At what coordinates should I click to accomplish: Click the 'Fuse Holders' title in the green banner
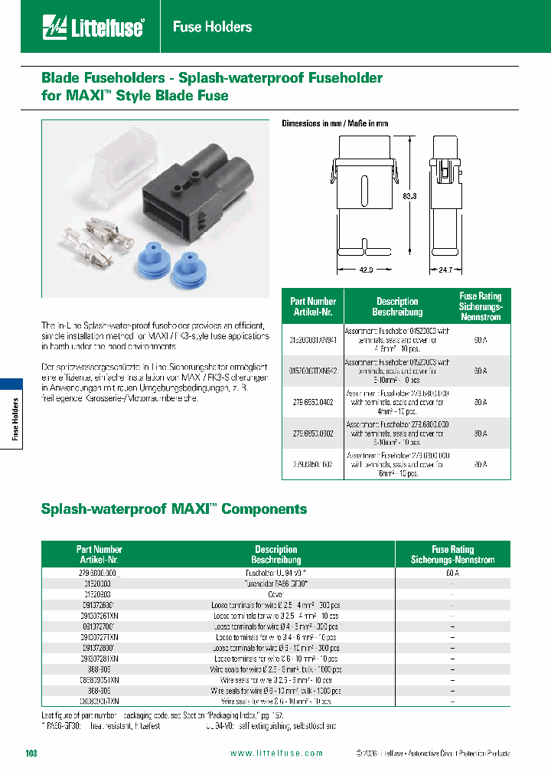[x=212, y=27]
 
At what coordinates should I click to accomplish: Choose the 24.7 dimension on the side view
[x=447, y=270]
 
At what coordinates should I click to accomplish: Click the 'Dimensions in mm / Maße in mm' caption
[x=334, y=123]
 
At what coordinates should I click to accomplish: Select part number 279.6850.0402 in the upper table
[x=312, y=402]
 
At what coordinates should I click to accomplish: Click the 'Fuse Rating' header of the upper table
[x=480, y=306]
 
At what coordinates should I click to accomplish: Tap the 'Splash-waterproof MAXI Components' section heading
[x=174, y=509]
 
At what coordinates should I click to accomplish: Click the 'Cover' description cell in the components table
[x=275, y=594]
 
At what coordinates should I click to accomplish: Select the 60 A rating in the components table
[x=452, y=573]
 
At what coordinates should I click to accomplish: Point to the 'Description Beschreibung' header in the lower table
[x=275, y=554]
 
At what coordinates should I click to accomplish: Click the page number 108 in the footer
[x=31, y=754]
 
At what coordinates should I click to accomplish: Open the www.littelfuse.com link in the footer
[x=276, y=754]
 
